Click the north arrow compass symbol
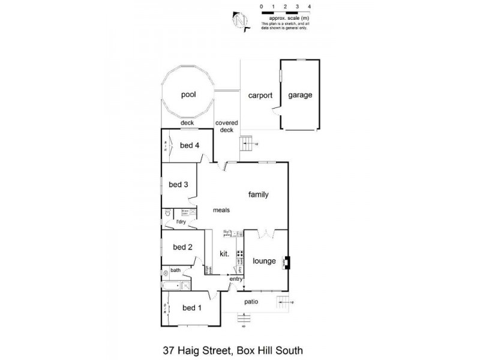point(241,20)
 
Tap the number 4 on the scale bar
point(309,6)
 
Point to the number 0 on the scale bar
point(262,6)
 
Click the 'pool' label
point(189,95)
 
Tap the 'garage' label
point(299,95)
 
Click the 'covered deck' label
point(227,126)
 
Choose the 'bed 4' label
point(189,145)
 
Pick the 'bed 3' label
point(179,185)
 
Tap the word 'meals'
point(222,210)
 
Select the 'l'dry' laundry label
point(181,223)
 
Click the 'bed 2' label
point(182,247)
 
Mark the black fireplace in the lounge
point(287,262)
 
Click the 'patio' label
point(250,301)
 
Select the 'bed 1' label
point(192,308)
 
